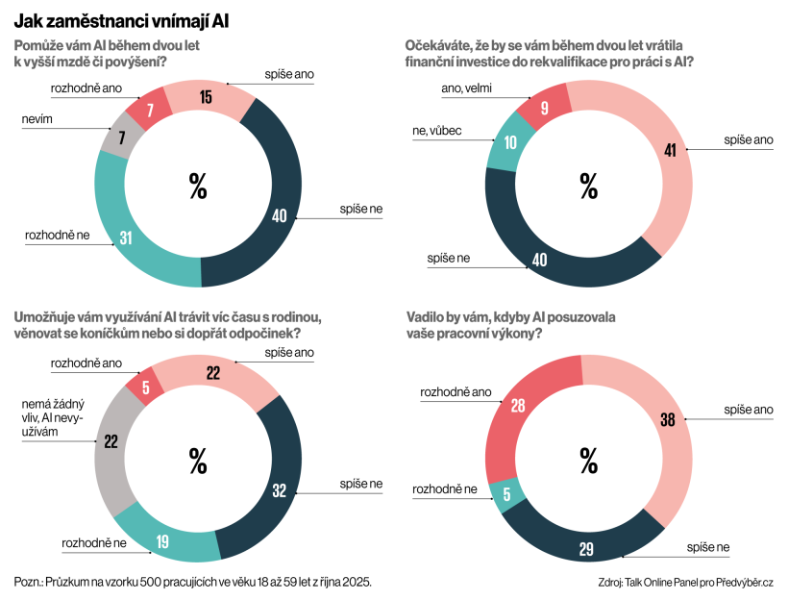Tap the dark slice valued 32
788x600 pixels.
click(279, 489)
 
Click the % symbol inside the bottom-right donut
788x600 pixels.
click(587, 461)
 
